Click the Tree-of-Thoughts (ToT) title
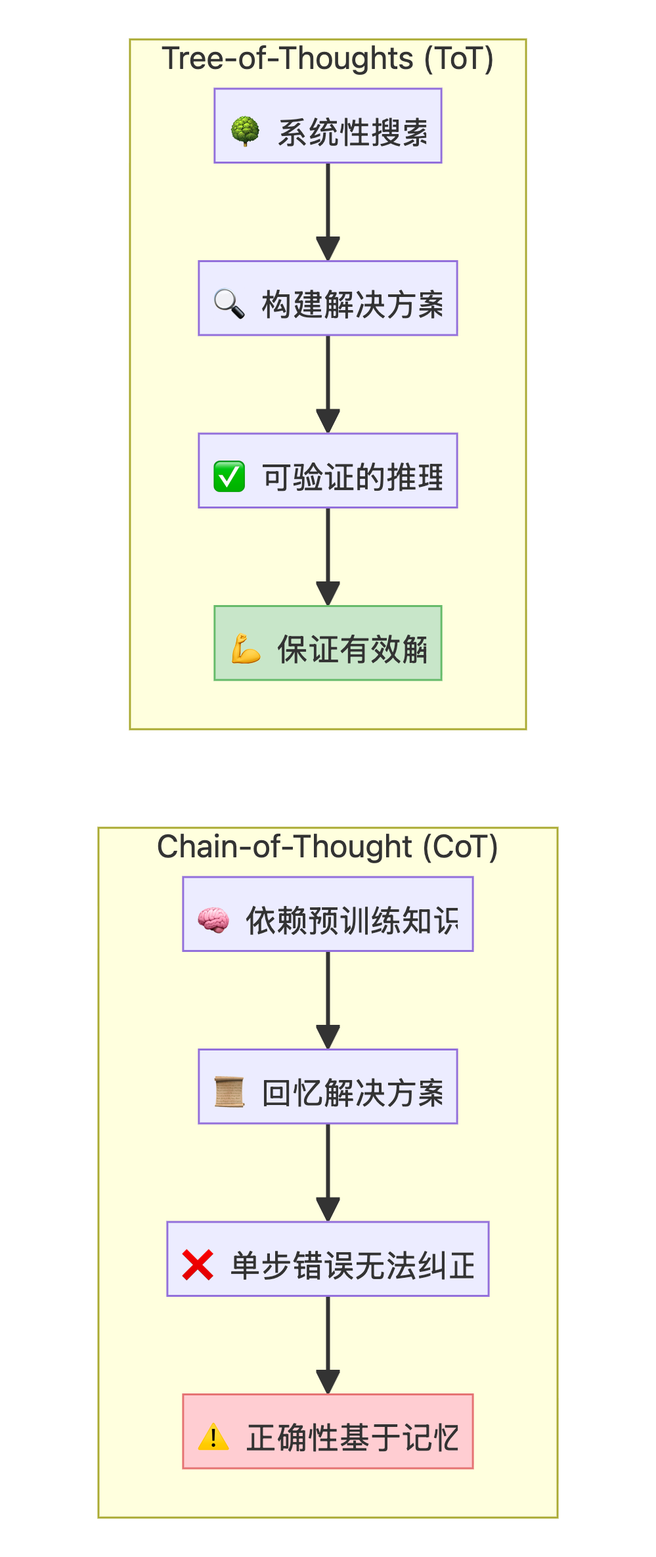[328, 58]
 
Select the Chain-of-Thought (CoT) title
[328, 847]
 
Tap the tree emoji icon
[245, 131]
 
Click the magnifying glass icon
[229, 304]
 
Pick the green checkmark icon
[229, 476]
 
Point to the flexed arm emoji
[246, 648]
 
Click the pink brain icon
[213, 920]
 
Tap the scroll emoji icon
[229, 1092]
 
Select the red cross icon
[198, 1265]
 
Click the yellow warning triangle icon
[213, 1437]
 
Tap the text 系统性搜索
[353, 132]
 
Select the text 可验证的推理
[353, 477]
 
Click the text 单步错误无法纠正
[353, 1265]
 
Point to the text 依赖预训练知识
[353, 920]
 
